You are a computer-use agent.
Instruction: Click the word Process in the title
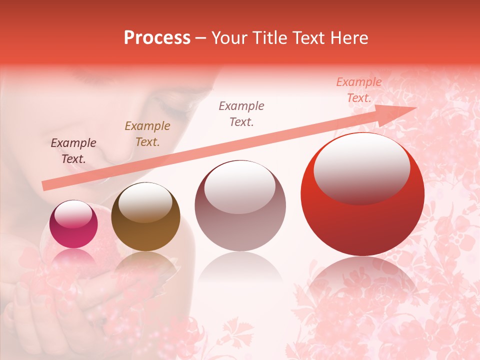(x=157, y=38)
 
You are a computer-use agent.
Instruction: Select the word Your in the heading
(x=230, y=38)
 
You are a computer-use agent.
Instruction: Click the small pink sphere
(x=73, y=224)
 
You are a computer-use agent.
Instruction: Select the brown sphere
(x=145, y=217)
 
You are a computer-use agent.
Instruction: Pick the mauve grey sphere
(x=240, y=205)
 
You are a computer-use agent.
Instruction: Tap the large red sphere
(x=362, y=195)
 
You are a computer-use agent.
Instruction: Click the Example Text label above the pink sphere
(x=73, y=151)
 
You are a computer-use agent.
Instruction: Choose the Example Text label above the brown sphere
(x=147, y=134)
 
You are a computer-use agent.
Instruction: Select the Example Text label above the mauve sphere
(x=241, y=113)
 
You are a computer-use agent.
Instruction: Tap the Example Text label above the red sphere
(x=359, y=90)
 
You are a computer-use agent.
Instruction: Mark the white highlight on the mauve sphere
(x=240, y=187)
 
